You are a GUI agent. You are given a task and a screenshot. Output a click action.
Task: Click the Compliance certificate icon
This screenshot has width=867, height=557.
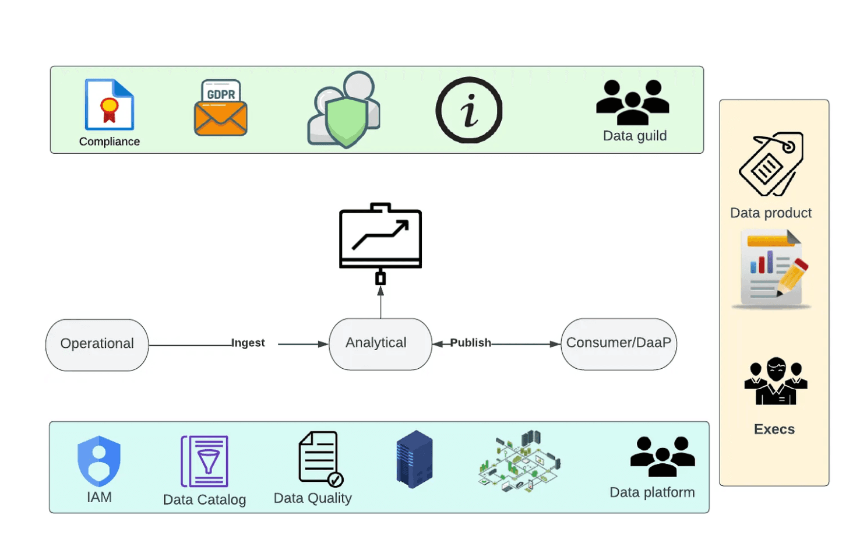[110, 104]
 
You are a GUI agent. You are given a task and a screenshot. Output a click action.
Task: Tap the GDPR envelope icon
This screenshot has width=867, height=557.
[221, 108]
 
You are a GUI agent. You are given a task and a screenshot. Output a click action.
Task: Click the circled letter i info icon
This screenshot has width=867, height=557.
[469, 110]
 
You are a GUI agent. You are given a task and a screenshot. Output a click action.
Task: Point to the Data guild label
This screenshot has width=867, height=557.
[635, 136]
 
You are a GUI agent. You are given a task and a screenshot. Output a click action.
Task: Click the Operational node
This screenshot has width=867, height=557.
[97, 344]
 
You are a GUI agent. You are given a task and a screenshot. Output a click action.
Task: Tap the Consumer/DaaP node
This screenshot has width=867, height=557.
[619, 344]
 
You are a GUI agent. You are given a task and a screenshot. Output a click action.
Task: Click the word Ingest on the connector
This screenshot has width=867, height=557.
[248, 343]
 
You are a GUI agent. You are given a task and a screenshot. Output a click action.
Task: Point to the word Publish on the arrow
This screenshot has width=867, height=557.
[470, 343]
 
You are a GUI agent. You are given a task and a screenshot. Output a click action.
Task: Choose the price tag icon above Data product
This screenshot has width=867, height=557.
[771, 164]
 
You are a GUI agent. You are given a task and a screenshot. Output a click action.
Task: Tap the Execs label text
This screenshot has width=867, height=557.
[774, 429]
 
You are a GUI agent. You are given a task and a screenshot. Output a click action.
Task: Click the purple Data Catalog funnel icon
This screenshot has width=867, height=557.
[205, 461]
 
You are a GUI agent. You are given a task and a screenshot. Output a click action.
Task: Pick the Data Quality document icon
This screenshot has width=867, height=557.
[319, 459]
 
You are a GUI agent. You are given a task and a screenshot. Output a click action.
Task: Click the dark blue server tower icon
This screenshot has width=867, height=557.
[414, 459]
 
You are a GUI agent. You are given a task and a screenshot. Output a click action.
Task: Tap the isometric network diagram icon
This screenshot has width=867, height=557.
[519, 462]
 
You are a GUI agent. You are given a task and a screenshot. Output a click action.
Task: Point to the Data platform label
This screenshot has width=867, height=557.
[652, 492]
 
